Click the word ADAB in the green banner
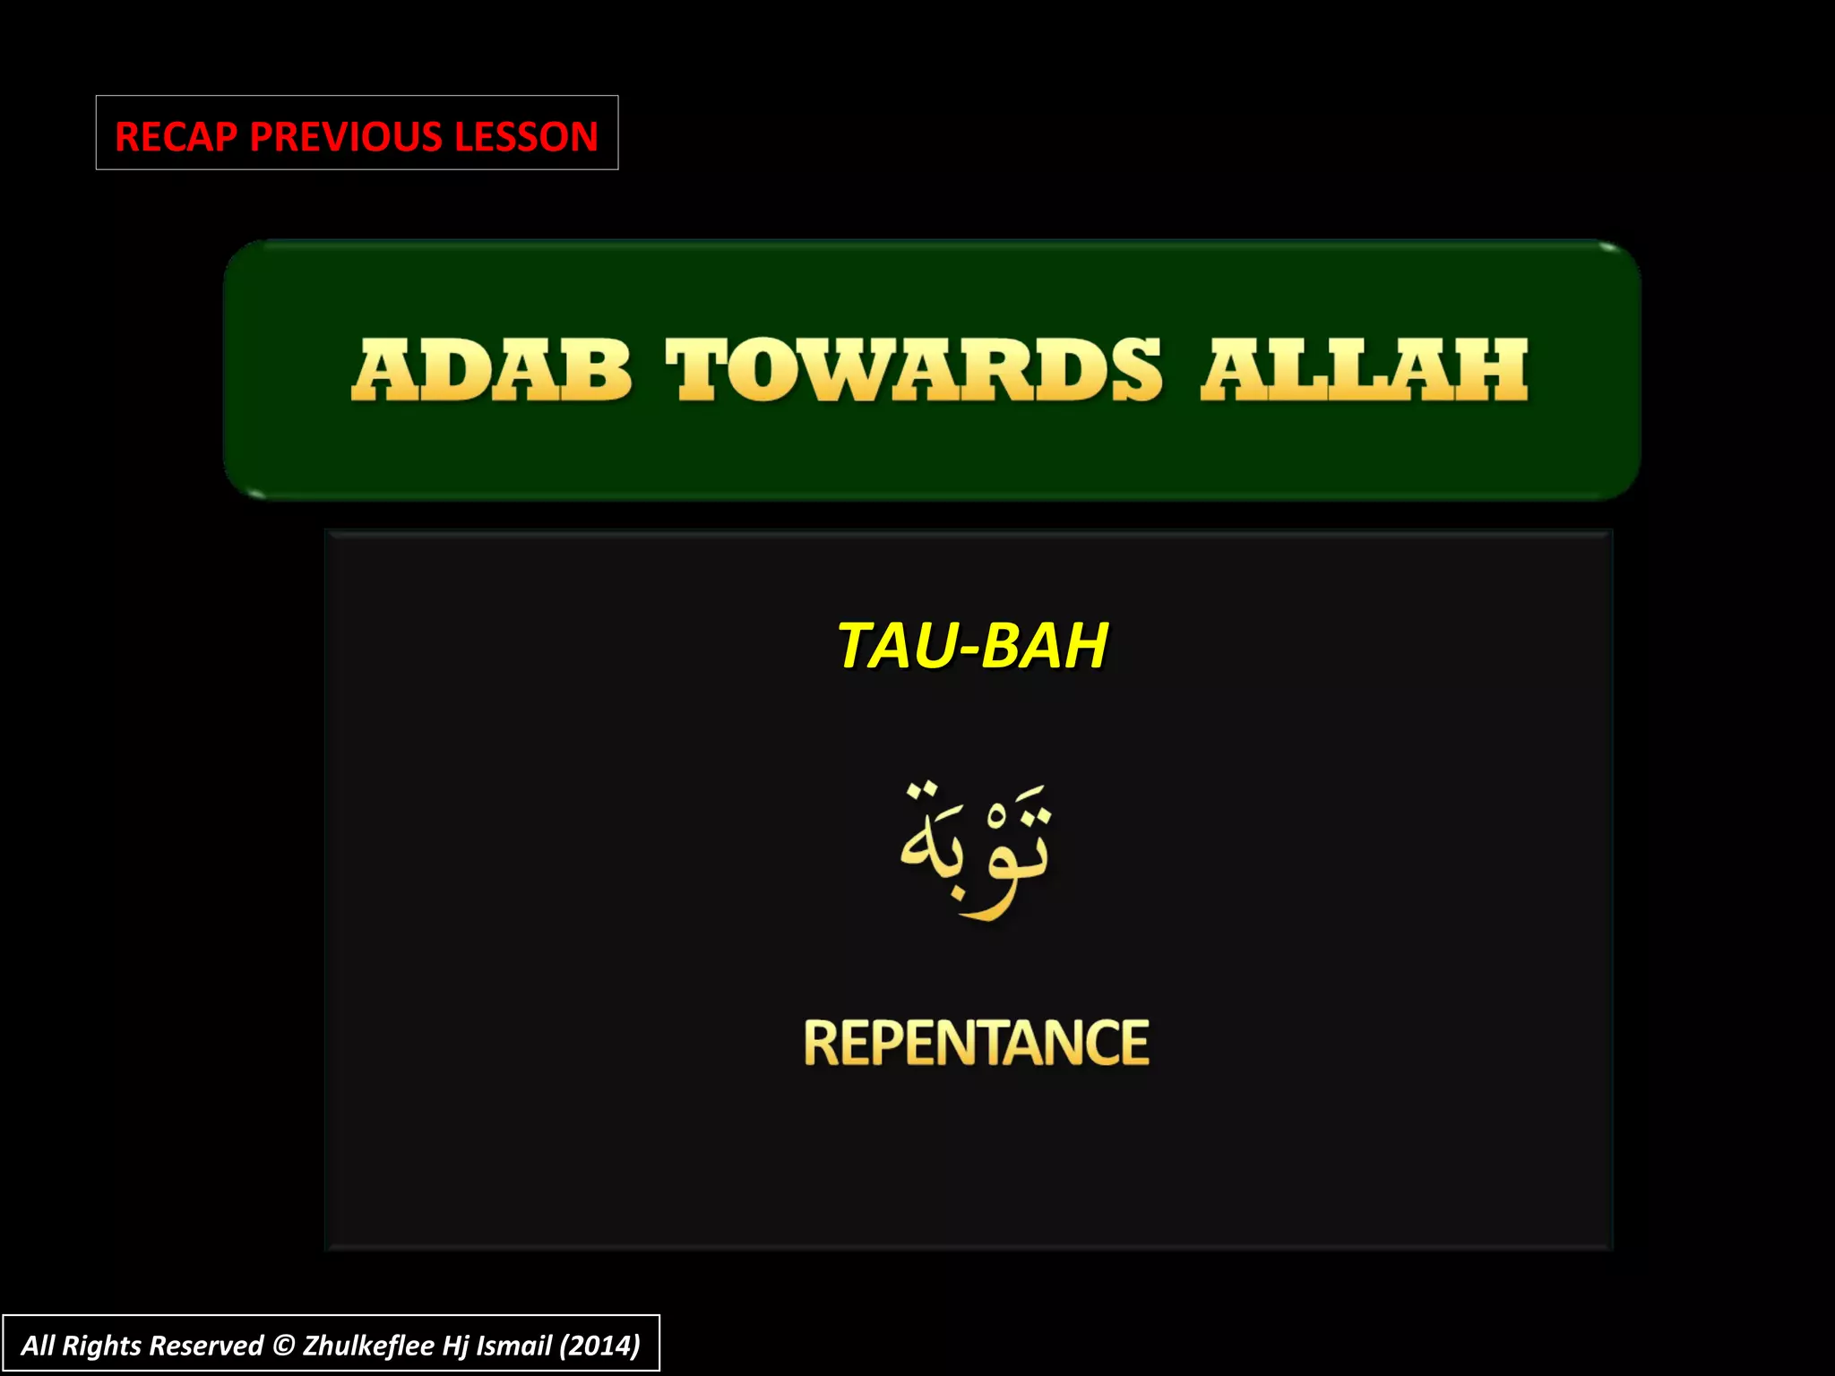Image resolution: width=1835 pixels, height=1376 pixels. coord(492,370)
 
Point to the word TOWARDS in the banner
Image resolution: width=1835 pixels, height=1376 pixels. coord(913,370)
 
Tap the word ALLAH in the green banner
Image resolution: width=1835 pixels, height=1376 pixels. coord(1364,370)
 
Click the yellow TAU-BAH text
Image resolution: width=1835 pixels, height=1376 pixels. coord(972,645)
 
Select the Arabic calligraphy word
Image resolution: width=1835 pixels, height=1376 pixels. coord(974,847)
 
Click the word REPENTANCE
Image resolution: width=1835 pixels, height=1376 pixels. coord(976,1043)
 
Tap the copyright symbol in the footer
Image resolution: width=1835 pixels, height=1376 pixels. coord(283,1346)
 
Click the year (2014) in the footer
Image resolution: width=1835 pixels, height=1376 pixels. coord(599,1346)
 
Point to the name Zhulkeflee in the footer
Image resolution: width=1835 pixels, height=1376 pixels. coord(368,1346)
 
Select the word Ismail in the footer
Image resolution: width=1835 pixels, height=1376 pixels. coord(513,1346)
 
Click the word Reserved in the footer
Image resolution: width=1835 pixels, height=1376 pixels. coord(206,1346)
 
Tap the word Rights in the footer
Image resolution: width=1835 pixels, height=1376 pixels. coord(101,1346)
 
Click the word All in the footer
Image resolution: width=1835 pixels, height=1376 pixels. coord(39,1346)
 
